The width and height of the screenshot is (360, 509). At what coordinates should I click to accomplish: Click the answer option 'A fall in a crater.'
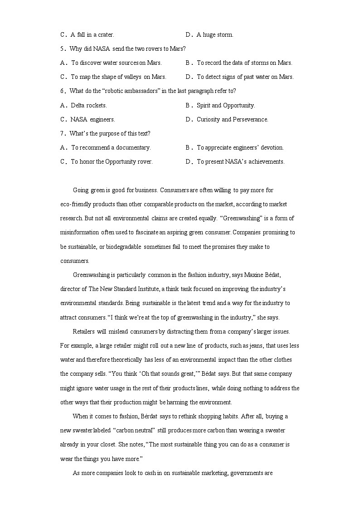point(92,34)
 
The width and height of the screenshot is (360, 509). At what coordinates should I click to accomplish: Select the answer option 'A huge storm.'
point(215,34)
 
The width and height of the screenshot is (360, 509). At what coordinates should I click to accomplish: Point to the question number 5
point(63,48)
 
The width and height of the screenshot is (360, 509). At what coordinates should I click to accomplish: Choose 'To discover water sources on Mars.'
point(116,63)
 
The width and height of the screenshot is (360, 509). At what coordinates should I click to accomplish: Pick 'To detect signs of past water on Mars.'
point(245,77)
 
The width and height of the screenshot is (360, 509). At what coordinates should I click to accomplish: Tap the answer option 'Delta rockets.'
point(89,105)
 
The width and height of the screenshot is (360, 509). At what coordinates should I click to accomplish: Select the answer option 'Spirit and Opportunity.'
point(226,105)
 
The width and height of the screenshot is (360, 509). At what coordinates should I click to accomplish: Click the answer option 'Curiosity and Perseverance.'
point(232,119)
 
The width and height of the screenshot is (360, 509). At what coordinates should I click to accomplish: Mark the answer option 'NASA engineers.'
point(92,119)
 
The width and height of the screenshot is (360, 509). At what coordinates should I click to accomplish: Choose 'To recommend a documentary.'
point(111,147)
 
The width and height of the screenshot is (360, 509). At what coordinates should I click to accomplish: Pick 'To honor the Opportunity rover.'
point(112,161)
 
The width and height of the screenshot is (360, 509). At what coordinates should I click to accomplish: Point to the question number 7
point(63,133)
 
